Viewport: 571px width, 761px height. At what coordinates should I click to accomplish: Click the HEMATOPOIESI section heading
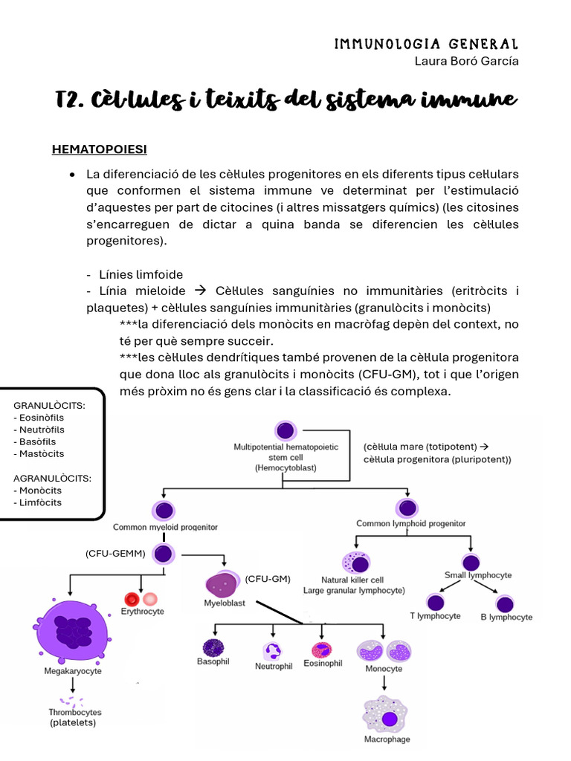[99, 149]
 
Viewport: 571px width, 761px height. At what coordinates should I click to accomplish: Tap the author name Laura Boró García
[466, 61]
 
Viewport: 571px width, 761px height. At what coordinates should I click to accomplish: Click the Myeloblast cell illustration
[224, 583]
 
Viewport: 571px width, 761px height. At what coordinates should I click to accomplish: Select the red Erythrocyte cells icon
[141, 598]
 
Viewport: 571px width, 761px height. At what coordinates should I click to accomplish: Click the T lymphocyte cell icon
[436, 602]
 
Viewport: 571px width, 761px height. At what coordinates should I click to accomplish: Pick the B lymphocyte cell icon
[506, 603]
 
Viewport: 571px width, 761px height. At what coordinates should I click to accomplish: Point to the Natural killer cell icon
[355, 563]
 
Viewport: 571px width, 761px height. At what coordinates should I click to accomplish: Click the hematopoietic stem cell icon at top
[285, 430]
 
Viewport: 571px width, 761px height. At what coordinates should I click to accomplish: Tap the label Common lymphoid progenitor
[411, 523]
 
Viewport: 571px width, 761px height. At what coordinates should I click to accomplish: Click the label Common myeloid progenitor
[165, 527]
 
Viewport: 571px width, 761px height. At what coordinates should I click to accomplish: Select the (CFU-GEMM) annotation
[114, 554]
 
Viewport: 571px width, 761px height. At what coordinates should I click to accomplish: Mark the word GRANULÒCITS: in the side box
[49, 406]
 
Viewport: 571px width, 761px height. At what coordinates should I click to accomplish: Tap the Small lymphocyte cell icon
[471, 563]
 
